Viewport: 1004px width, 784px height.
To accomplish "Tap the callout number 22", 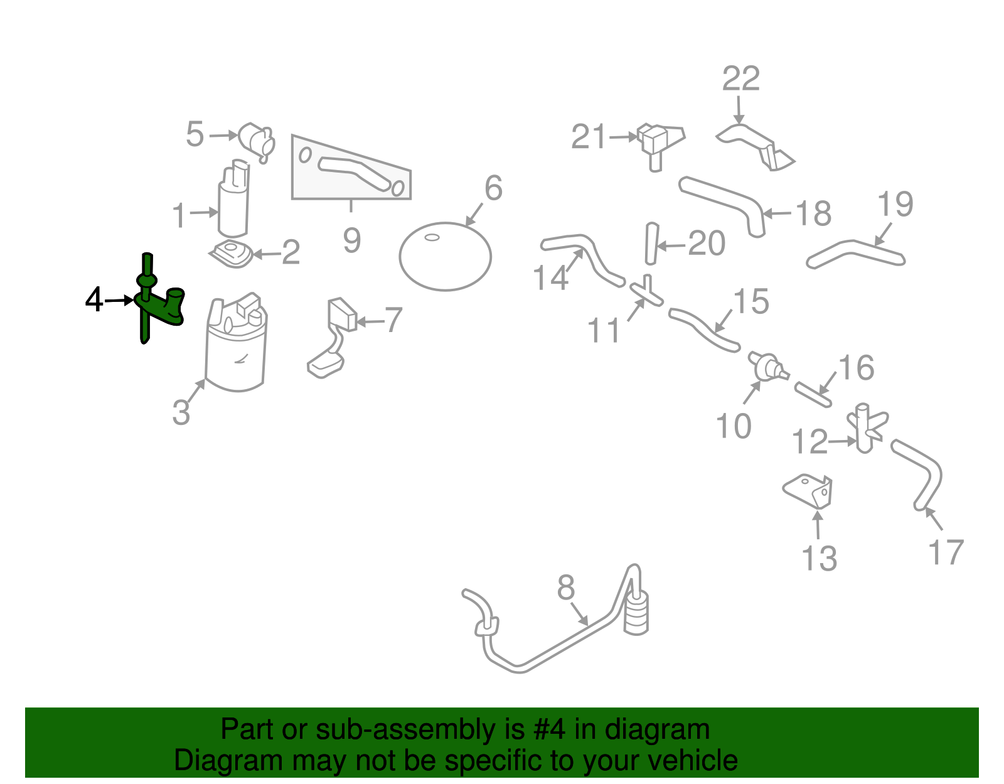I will tap(740, 80).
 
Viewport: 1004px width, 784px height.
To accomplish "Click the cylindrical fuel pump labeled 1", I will tap(233, 200).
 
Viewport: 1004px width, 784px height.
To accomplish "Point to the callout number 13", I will tap(819, 558).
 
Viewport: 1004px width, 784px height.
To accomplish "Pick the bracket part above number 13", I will tap(809, 491).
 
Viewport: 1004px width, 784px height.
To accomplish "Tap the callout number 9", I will tap(351, 240).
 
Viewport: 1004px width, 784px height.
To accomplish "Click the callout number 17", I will tap(945, 552).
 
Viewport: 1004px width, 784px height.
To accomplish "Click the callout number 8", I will tap(565, 588).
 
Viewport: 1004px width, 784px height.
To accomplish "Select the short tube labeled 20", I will tap(651, 244).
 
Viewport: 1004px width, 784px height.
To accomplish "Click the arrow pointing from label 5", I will tap(223, 135).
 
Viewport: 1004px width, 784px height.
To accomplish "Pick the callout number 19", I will tap(895, 205).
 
